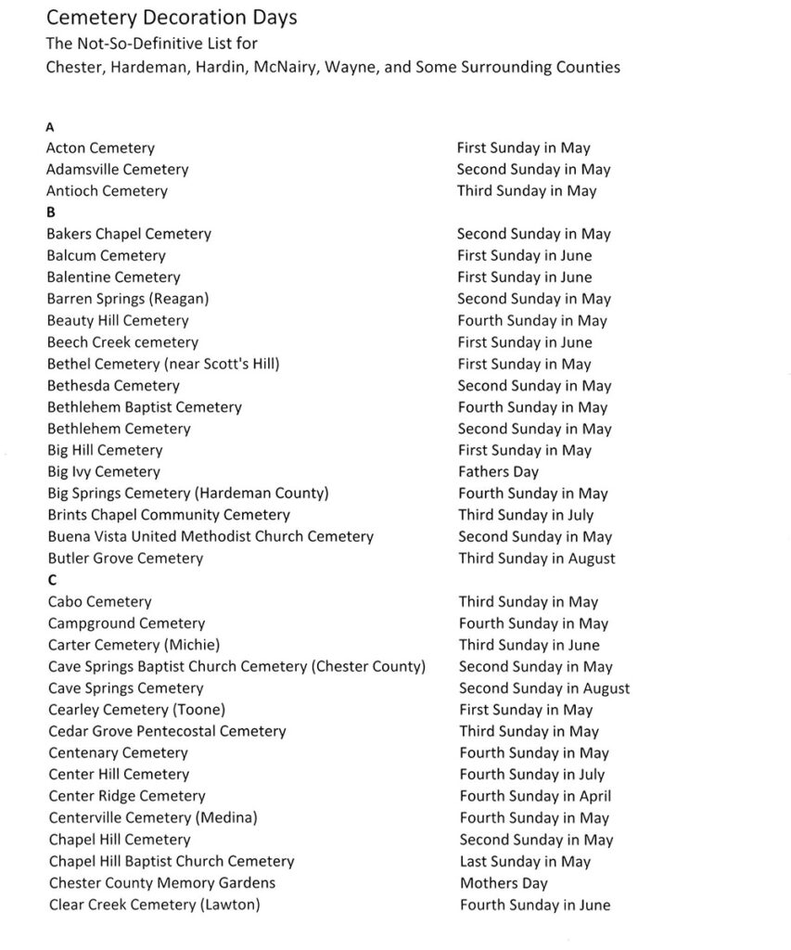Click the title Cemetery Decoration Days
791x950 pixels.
tap(172, 18)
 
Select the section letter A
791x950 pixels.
tap(50, 127)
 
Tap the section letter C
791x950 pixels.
tap(52, 581)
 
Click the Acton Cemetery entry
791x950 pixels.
tap(101, 148)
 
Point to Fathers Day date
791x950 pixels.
tap(498, 472)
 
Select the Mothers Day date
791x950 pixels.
tap(504, 883)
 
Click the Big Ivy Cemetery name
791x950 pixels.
tap(104, 472)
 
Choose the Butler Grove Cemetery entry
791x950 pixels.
tap(125, 558)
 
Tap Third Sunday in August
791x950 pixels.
tap(537, 558)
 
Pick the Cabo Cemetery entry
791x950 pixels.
tap(100, 602)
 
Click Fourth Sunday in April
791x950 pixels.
tap(535, 796)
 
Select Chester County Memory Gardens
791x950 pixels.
tap(162, 883)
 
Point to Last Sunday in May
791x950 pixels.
tap(525, 862)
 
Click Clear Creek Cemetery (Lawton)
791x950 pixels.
tap(154, 905)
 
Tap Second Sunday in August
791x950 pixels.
tap(544, 688)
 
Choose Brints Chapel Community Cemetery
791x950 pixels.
tap(169, 515)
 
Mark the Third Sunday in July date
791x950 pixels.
tap(527, 515)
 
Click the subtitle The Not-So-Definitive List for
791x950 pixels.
tap(152, 43)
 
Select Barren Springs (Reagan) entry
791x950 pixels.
tap(128, 299)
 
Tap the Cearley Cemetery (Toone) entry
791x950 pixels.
tap(137, 710)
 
